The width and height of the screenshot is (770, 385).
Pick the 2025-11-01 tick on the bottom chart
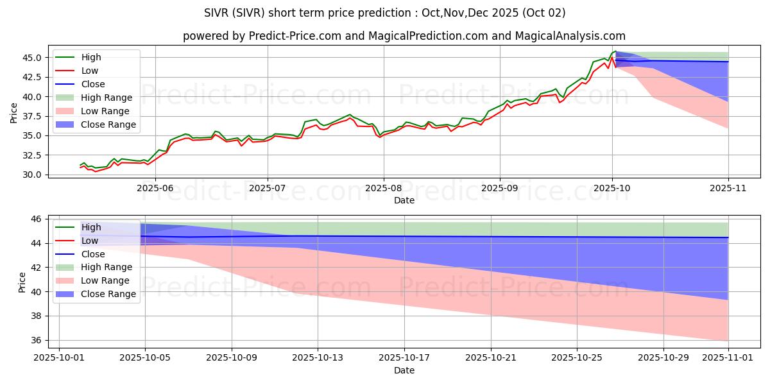[x=728, y=359]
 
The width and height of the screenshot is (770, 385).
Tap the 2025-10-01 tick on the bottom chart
[x=59, y=359]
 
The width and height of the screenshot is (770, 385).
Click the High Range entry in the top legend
[x=107, y=98]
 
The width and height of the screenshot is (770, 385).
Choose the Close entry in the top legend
[x=93, y=84]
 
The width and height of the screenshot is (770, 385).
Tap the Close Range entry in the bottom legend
[x=108, y=294]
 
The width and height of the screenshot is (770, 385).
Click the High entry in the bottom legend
[x=91, y=227]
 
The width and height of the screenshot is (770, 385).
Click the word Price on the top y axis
[x=14, y=113]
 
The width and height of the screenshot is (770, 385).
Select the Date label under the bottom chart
[x=404, y=370]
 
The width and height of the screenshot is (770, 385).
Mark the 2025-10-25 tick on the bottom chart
[x=577, y=359]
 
